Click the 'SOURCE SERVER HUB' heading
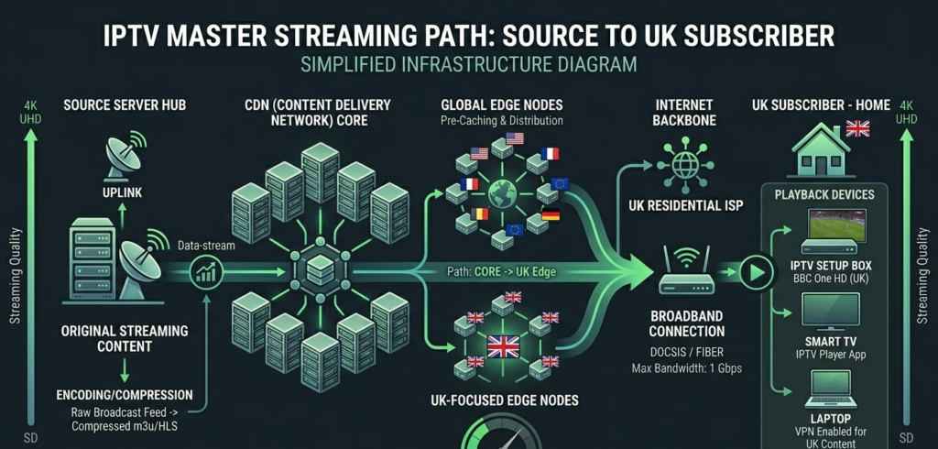125,105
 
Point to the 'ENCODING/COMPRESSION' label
125,395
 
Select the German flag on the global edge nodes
551,215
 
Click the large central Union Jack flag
502,347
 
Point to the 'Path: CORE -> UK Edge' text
498,271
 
